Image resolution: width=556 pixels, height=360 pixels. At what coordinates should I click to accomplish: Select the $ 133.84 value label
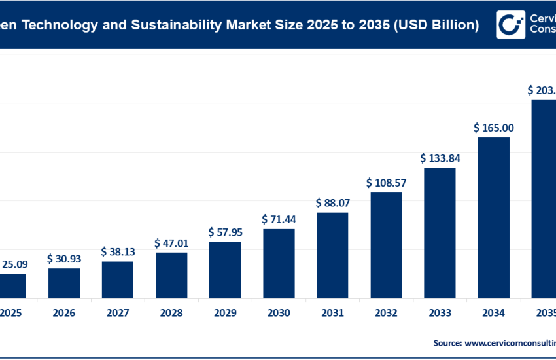click(x=440, y=158)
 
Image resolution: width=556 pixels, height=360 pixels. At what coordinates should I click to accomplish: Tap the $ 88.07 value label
click(x=332, y=203)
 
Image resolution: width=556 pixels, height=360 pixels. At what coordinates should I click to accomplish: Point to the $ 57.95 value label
click(x=225, y=232)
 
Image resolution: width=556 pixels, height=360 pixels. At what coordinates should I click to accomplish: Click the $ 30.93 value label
click(x=64, y=259)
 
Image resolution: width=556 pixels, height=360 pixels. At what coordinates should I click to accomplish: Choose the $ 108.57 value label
click(x=386, y=183)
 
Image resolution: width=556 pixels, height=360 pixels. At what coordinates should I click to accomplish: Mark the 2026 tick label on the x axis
click(x=64, y=314)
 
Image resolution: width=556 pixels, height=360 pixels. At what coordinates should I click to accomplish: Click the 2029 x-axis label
click(x=225, y=314)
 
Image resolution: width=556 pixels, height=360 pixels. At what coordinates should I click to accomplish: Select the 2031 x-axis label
click(x=332, y=314)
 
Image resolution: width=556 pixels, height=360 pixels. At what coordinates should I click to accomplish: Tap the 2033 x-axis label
click(x=440, y=314)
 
